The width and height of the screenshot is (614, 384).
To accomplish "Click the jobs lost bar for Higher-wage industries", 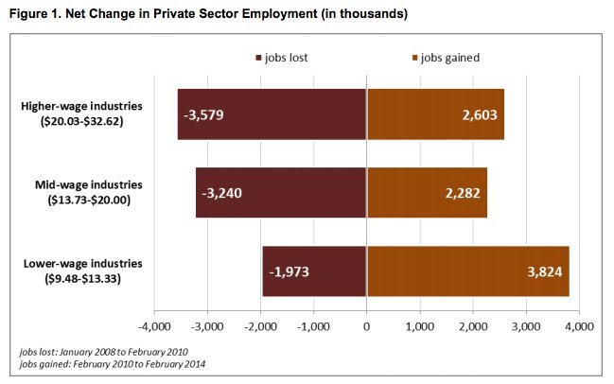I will tap(272, 114).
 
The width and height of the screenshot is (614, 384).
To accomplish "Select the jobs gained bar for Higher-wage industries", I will tap(435, 114).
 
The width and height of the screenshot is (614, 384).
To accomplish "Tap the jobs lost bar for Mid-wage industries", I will tap(281, 193).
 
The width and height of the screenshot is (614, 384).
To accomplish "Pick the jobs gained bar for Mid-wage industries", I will tap(427, 193).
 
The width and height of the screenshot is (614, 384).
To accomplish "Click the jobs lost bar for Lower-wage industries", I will tap(314, 271).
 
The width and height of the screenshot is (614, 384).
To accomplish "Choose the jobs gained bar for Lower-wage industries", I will tap(467, 271).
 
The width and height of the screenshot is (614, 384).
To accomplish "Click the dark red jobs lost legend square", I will tap(257, 58).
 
